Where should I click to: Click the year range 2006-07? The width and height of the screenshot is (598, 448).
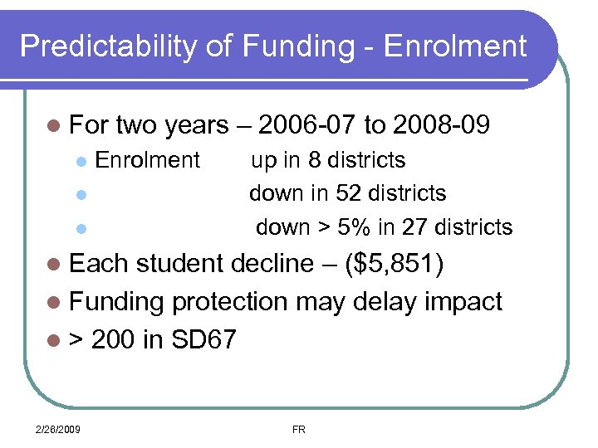307,125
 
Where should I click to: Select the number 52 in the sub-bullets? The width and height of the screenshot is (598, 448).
348,193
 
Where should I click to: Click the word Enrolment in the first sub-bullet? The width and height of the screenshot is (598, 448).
148,159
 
